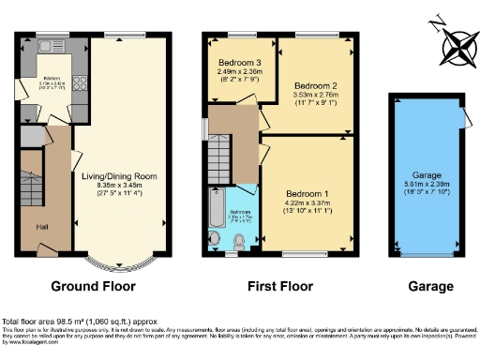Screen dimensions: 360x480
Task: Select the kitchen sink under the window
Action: coord(47,44)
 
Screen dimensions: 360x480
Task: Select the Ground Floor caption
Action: coord(93,286)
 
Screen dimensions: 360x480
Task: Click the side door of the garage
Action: coord(462,116)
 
